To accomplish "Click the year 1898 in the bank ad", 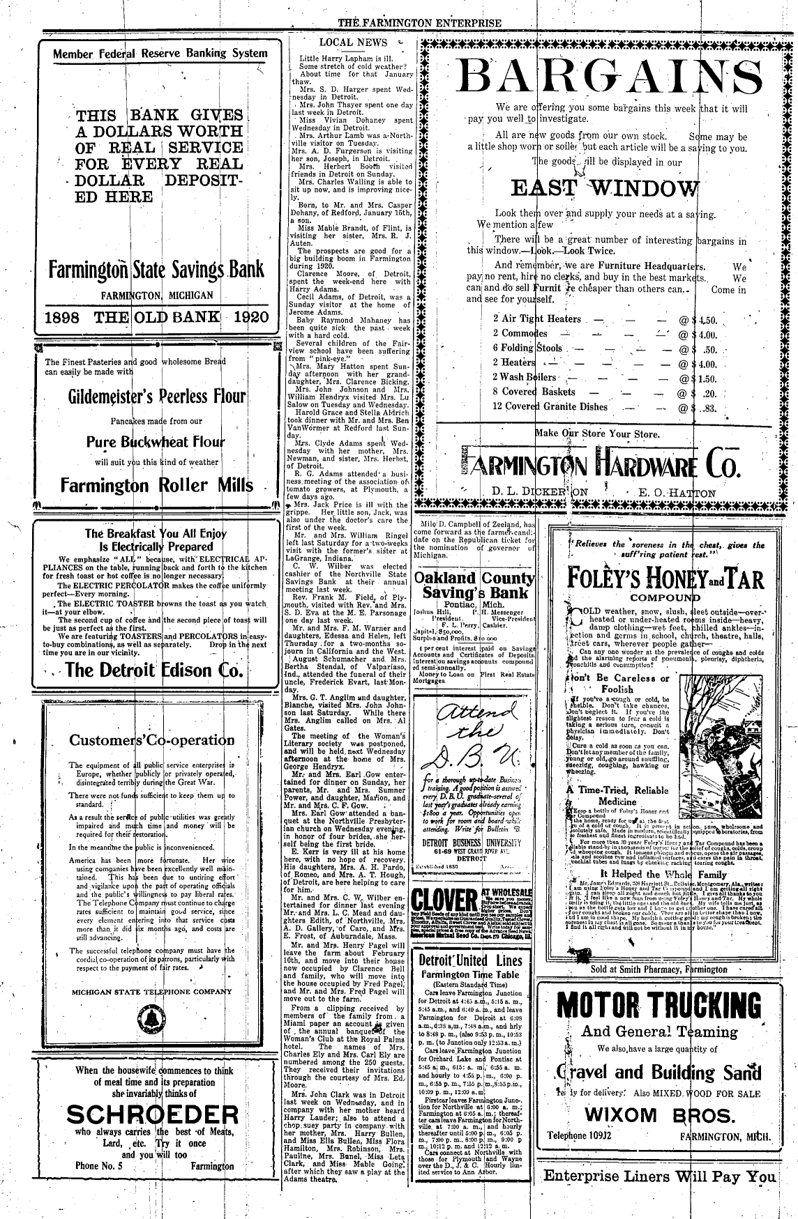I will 68,318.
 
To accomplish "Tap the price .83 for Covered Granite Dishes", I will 711,407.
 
